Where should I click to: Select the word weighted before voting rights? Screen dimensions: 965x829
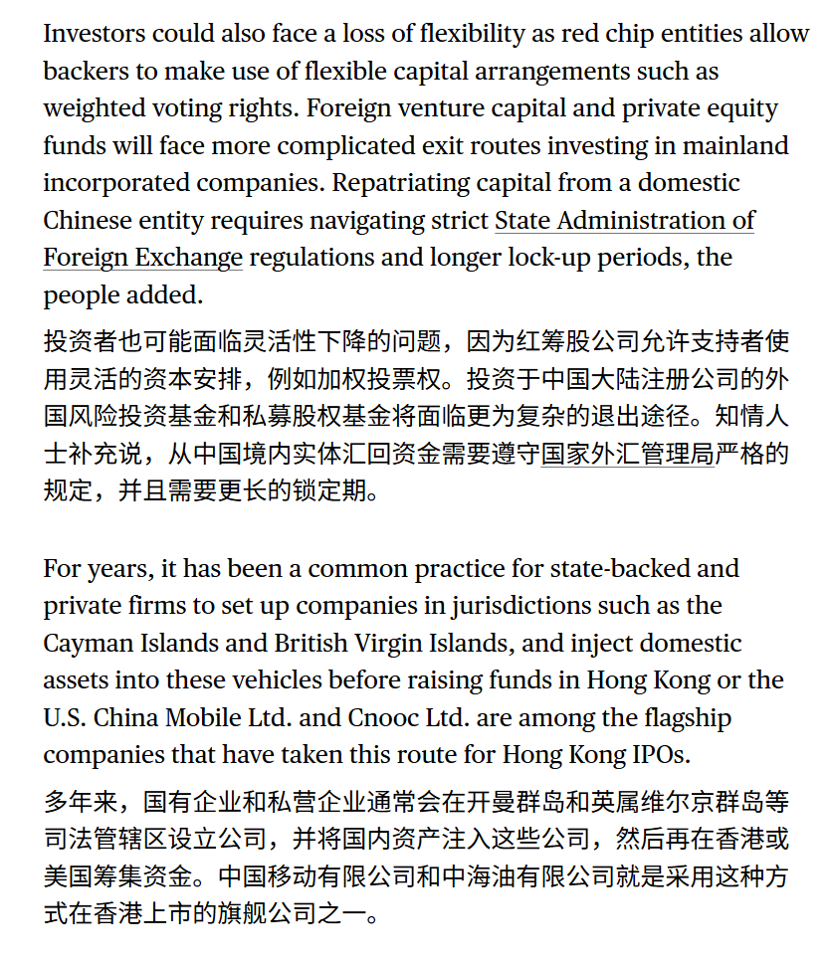[x=93, y=108]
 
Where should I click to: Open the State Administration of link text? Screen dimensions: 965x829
[x=624, y=220]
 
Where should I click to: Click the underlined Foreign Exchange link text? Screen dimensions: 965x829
[x=142, y=258]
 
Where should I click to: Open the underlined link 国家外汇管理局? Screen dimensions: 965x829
[x=627, y=455]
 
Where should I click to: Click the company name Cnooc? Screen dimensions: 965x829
[x=389, y=717]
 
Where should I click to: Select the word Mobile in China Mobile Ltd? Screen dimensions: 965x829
[x=222, y=717]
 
